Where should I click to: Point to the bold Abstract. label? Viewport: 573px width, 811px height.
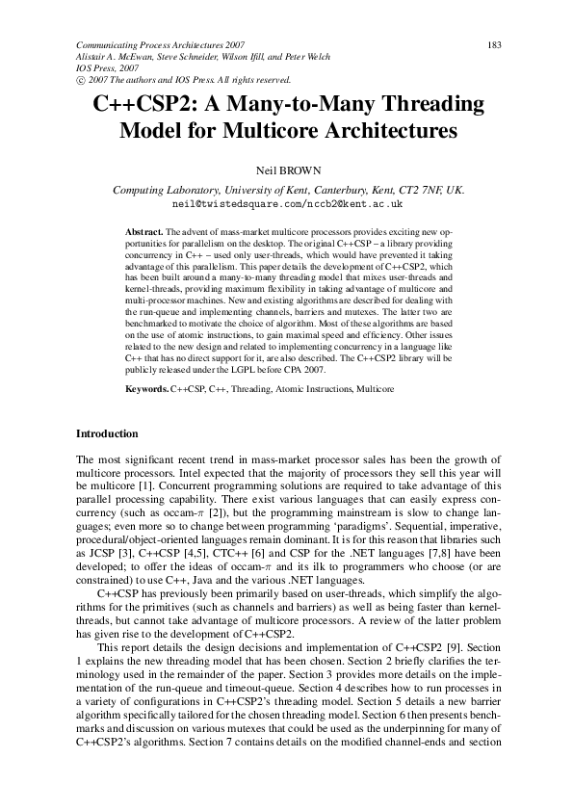click(x=144, y=234)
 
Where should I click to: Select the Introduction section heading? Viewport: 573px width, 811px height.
click(x=107, y=434)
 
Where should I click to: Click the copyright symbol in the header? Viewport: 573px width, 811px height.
click(x=80, y=80)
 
